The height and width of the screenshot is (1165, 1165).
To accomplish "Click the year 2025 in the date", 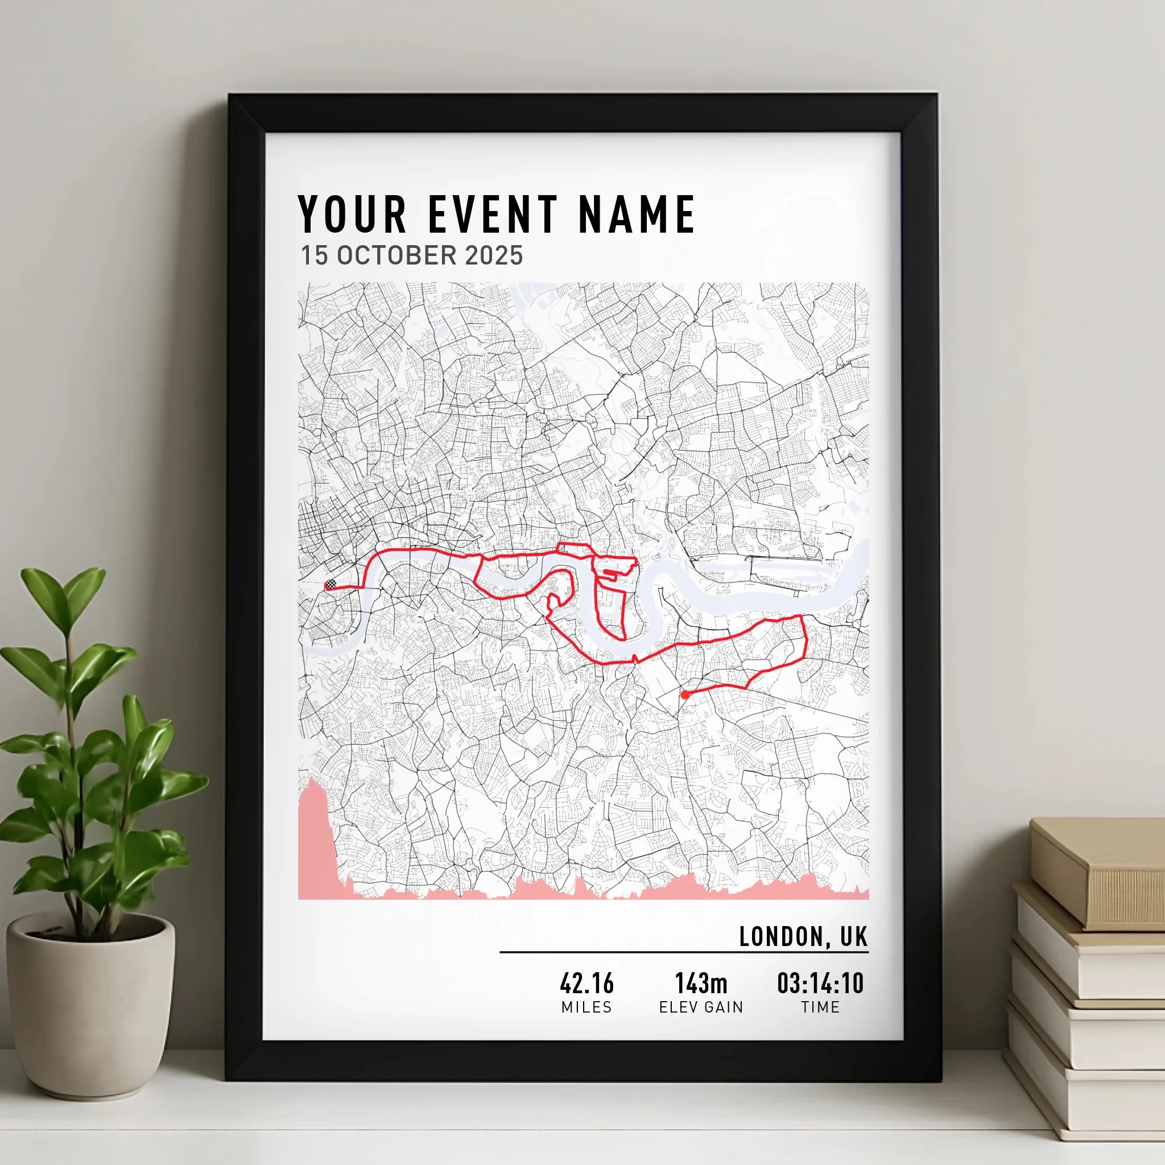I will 494,255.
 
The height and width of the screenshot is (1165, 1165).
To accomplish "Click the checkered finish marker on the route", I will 331,584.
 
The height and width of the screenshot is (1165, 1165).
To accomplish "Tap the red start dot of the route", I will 684,695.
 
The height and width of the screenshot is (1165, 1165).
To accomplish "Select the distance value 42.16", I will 586,984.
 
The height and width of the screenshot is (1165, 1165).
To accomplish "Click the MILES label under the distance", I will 586,1007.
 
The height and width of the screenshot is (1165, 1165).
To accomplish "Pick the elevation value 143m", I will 701,984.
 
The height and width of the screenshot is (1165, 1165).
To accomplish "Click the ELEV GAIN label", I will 701,1007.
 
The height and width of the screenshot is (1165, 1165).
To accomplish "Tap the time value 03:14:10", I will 820,984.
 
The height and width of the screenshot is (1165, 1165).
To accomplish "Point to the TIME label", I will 820,1007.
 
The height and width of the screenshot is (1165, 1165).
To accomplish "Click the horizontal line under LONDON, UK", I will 684,952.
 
